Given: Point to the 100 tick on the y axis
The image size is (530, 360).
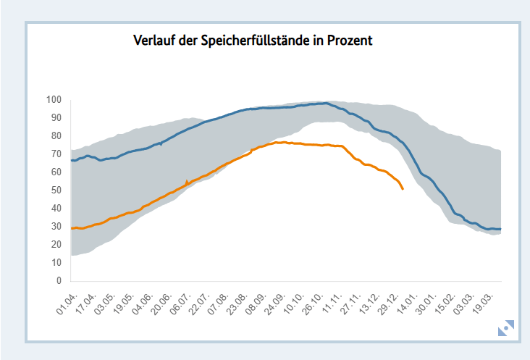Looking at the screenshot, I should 54,100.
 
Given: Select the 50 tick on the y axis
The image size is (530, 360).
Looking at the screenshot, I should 56,191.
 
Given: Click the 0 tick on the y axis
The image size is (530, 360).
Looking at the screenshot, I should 59,281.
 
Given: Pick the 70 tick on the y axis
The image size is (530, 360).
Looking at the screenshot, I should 56,154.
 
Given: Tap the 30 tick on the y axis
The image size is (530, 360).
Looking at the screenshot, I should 56,227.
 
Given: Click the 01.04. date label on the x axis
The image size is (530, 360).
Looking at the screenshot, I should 66,302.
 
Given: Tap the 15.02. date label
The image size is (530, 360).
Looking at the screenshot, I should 445,302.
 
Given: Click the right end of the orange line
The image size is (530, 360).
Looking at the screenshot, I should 403,189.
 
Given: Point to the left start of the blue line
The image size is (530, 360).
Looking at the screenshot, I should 72,160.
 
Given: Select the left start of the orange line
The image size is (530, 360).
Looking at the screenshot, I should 72,228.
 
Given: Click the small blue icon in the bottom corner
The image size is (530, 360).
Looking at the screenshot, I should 505,328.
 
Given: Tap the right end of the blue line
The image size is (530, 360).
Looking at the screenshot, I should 501,229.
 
